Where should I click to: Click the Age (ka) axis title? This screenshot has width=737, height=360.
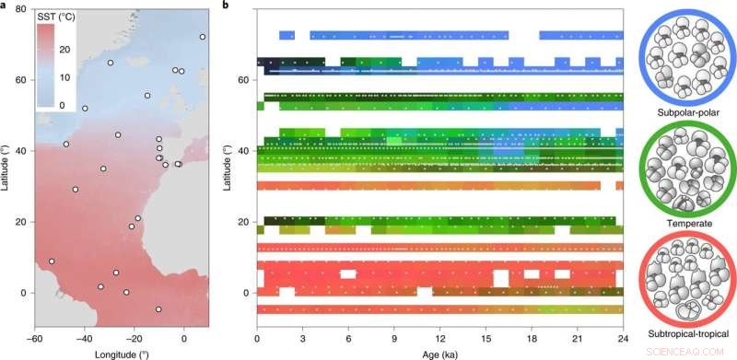coord(439,354)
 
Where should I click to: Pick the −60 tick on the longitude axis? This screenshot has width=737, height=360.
coord(35,339)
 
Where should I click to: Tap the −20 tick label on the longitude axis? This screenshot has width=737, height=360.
coord(133,339)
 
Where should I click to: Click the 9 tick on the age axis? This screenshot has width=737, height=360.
coord(394,339)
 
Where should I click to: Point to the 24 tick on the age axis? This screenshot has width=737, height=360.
coord(623,339)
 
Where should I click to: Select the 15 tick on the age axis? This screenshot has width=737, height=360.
coord(485,339)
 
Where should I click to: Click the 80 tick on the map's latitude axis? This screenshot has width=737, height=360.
coord(20,8)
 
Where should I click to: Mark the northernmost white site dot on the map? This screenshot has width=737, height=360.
coord(203,37)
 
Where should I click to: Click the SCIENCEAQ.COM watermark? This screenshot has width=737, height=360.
coord(693,351)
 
